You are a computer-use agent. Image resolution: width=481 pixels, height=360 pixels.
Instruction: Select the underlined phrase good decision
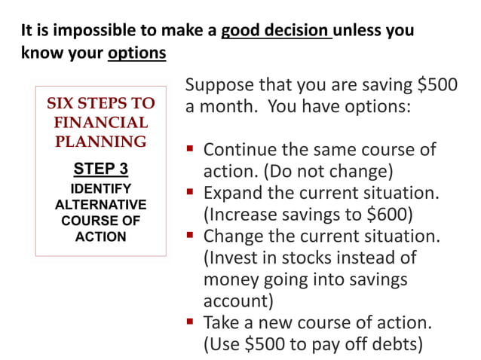click(275, 32)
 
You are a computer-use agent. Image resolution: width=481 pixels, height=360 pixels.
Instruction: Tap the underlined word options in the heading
click(137, 55)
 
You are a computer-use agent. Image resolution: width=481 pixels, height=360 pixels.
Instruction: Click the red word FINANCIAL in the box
click(100, 122)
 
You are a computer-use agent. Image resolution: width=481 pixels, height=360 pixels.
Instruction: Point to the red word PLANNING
click(100, 141)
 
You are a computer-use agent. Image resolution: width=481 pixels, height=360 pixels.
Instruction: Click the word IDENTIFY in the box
click(100, 188)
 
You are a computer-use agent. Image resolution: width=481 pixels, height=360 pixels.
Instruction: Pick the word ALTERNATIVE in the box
click(100, 205)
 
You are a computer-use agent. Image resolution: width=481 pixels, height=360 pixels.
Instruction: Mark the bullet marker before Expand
click(191, 193)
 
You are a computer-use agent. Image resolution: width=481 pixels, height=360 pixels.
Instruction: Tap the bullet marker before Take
click(191, 324)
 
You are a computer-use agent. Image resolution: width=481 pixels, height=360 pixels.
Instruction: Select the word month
click(231, 106)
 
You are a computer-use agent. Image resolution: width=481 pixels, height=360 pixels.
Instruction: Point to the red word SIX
click(65, 103)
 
